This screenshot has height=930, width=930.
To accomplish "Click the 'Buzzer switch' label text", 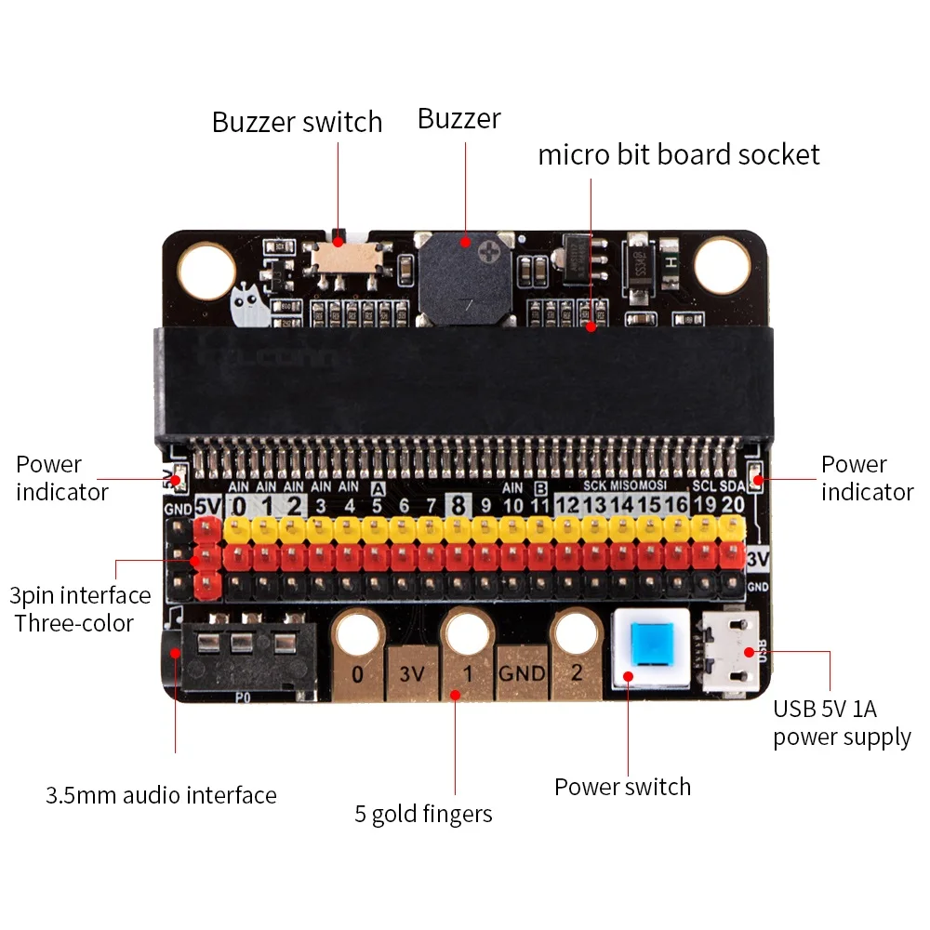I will click(297, 123).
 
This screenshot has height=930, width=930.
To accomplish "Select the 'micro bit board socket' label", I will click(679, 154).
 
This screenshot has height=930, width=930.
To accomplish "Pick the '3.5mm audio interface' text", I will click(161, 796).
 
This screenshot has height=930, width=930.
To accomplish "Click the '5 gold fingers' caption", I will click(423, 815).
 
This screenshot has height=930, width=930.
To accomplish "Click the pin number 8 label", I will click(458, 505).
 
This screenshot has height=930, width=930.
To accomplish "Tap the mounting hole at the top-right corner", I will click(722, 264).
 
